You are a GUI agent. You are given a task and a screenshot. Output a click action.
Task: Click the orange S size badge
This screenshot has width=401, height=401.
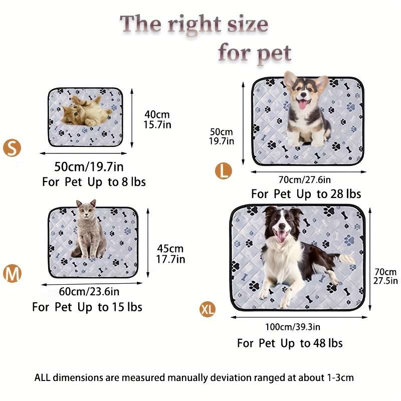click(x=12, y=148)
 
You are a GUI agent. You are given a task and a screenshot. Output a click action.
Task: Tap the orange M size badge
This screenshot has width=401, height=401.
click(x=12, y=274)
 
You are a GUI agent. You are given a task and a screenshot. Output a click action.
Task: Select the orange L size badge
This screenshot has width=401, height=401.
click(x=223, y=171)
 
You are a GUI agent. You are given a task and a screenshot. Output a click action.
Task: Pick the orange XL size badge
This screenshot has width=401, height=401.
click(x=208, y=309)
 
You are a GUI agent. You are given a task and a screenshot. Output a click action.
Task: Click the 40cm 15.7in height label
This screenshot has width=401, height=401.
click(x=157, y=120)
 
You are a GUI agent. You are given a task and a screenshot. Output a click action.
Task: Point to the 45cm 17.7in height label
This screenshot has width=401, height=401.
click(x=170, y=254)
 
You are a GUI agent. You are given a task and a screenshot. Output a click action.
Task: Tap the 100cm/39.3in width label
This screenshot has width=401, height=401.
click(x=293, y=327)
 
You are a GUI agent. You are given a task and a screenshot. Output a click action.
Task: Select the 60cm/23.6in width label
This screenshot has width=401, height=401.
click(x=89, y=292)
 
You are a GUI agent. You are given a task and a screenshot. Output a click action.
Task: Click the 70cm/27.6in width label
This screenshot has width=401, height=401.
click(x=305, y=180)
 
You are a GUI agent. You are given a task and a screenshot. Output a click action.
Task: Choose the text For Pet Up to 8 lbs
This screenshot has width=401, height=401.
click(x=94, y=182)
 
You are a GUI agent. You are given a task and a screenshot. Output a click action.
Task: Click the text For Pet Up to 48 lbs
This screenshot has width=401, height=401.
click(x=290, y=343)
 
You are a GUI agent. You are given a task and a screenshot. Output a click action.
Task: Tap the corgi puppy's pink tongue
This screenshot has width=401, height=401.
click(x=303, y=104)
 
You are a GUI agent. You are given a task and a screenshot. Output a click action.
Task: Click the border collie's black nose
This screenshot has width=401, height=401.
click(x=282, y=226)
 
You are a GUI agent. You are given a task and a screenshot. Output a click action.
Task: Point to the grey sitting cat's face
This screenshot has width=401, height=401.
click(x=87, y=211)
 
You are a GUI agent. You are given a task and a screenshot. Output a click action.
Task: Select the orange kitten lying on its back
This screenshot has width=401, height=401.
click(x=86, y=111)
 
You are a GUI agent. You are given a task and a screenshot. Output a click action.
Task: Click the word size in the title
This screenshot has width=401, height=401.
click(x=248, y=24)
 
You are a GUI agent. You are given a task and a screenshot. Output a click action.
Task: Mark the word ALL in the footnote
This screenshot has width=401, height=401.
click(x=43, y=377)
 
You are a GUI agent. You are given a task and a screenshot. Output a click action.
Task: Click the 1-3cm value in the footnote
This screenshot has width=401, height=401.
click(x=340, y=377)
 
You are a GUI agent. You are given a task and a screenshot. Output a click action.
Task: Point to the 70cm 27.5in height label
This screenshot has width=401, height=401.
click(x=385, y=276)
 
